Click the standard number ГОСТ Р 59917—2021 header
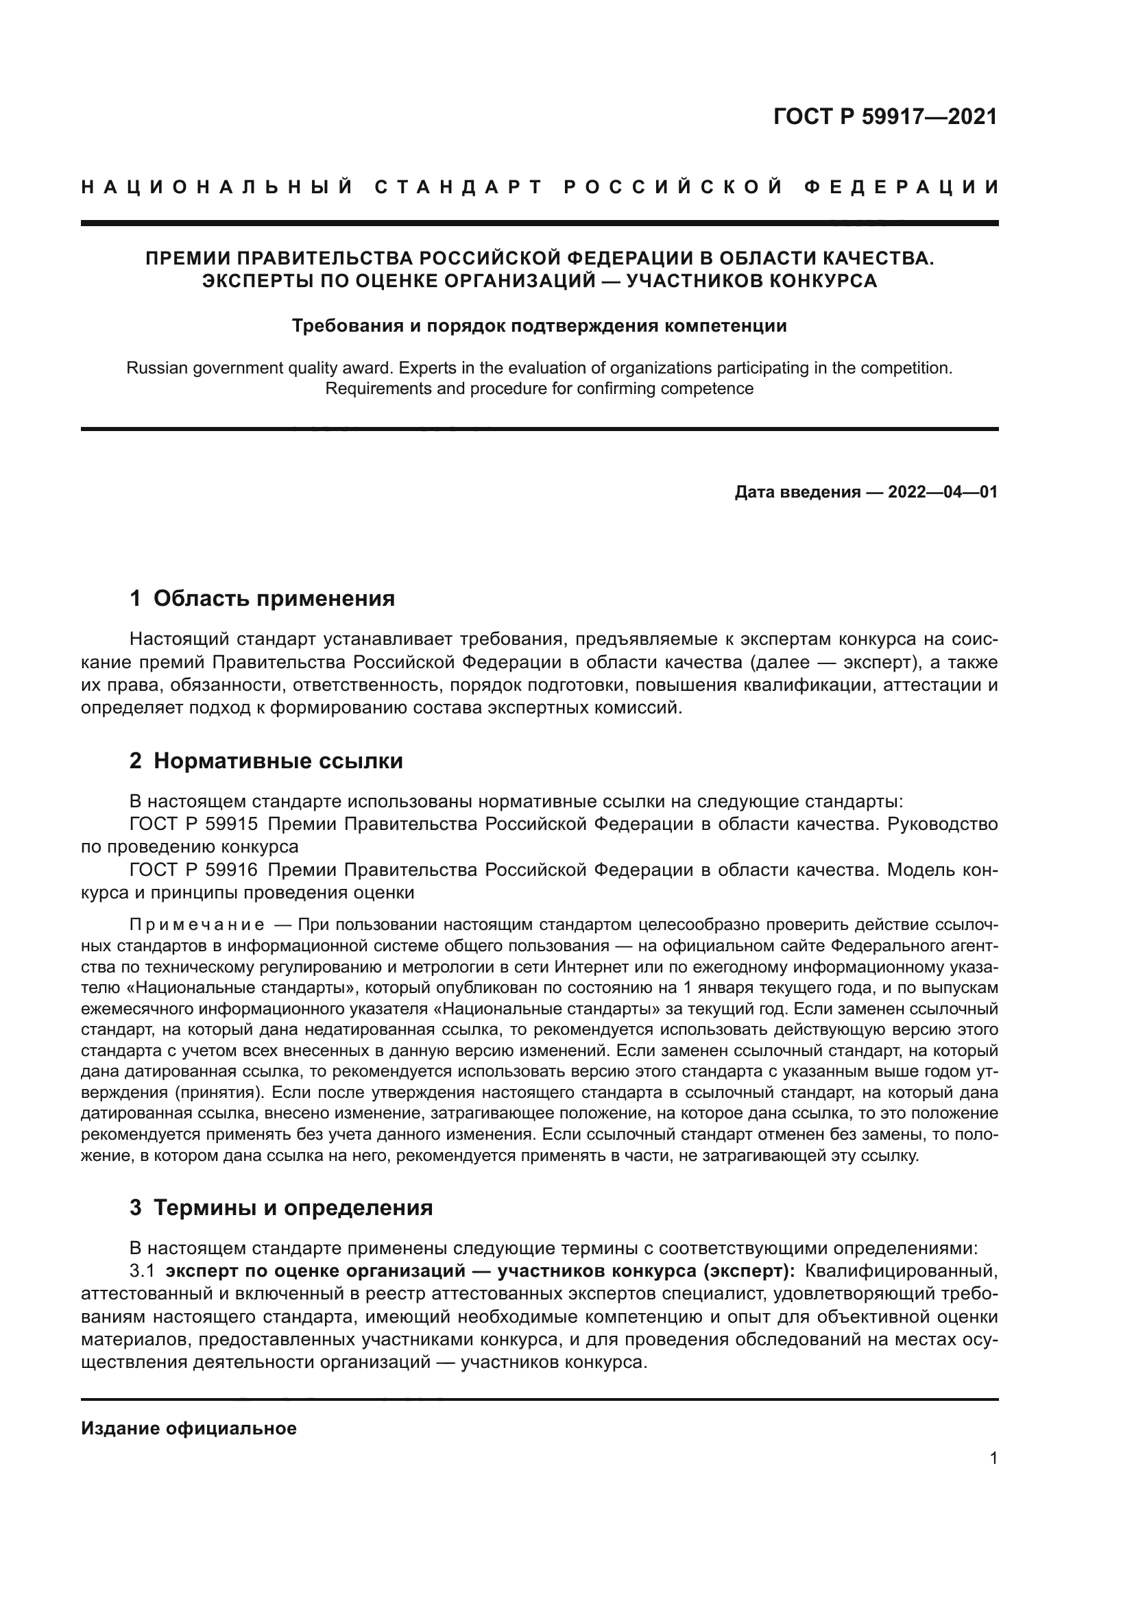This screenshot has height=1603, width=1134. pyautogui.click(x=884, y=116)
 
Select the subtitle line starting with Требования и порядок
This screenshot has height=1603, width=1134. pyautogui.click(x=539, y=326)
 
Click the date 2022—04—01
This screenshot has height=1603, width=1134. pyautogui.click(x=942, y=492)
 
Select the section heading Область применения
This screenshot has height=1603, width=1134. pyautogui.click(x=274, y=598)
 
